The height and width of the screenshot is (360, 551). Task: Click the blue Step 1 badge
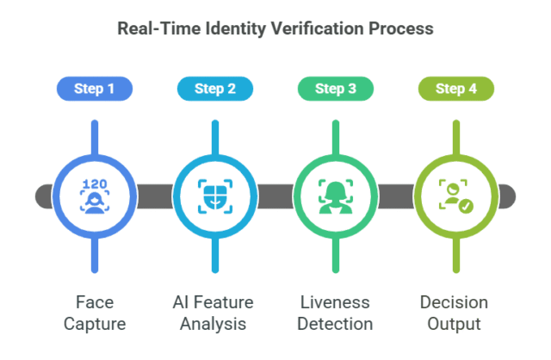pyautogui.click(x=94, y=88)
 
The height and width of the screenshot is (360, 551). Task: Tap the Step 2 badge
pyautogui.click(x=214, y=88)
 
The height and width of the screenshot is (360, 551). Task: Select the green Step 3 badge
pyautogui.click(x=335, y=88)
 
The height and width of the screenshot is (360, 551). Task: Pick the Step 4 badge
pyautogui.click(x=455, y=88)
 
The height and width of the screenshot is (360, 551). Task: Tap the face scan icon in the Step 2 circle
pyautogui.click(x=214, y=196)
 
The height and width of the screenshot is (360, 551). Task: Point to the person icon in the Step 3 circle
pyautogui.click(x=335, y=196)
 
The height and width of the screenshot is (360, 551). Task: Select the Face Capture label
pyautogui.click(x=94, y=313)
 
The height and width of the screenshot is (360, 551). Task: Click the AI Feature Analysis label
pyautogui.click(x=214, y=313)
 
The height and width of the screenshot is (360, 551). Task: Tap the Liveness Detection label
pyautogui.click(x=335, y=313)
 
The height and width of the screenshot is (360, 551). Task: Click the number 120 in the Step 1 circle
pyautogui.click(x=94, y=183)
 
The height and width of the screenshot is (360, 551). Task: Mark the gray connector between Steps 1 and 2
pyautogui.click(x=154, y=196)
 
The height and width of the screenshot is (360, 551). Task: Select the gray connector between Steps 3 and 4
pyautogui.click(x=395, y=196)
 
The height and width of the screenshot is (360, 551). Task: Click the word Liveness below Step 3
pyautogui.click(x=335, y=302)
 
